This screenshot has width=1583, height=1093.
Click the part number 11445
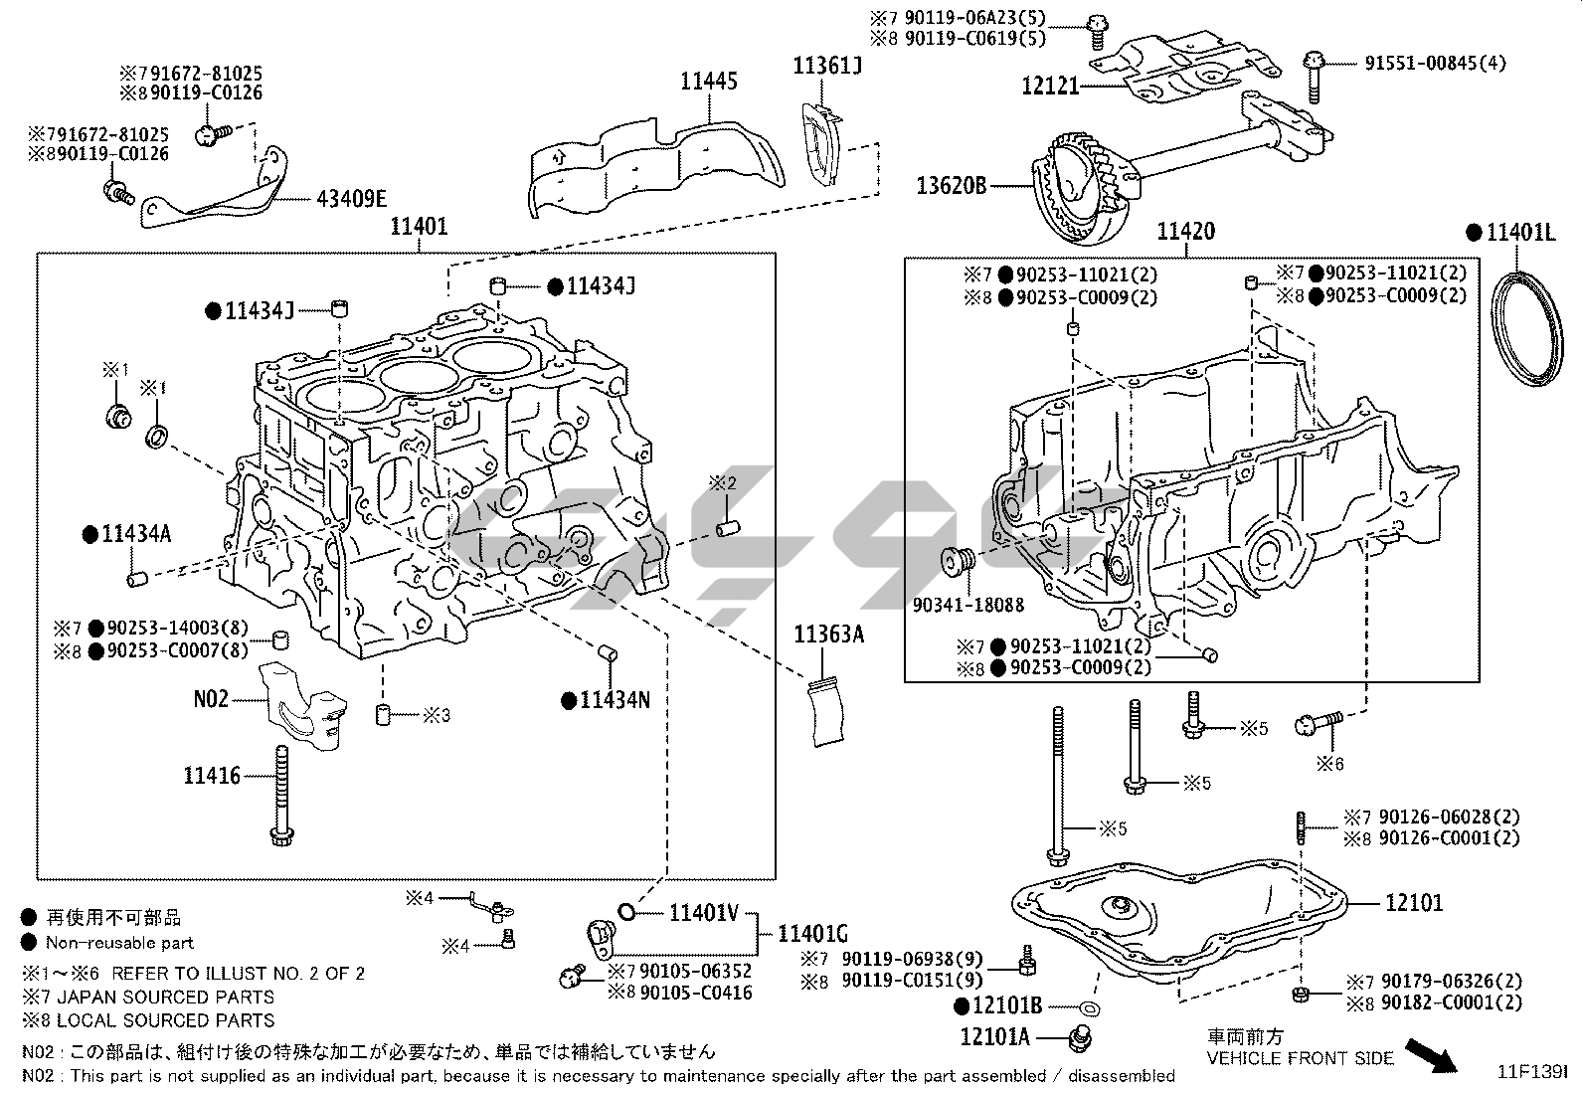pos(709,81)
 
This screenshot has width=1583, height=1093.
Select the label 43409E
pos(351,198)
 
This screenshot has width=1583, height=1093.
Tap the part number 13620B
pos(952,184)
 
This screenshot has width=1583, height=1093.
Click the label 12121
pos(1050,86)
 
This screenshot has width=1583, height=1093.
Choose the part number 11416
pos(212,775)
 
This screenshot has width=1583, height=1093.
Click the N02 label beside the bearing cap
pos(211,699)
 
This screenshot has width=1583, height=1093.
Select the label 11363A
pos(829,634)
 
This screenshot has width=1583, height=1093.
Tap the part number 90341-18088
pos(968,605)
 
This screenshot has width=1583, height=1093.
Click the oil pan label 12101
pos(1414,903)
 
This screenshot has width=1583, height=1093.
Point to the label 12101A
pos(995,1037)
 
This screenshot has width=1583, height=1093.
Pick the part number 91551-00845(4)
pos(1435,64)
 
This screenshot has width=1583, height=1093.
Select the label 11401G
pos(812,933)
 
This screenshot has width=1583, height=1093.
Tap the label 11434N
pos(615,700)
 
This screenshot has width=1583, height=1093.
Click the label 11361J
pos(827,66)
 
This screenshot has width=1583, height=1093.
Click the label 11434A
pos(136,535)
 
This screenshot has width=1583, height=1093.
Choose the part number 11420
pos(1185,232)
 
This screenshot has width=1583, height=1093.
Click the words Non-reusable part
pos(119,943)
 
